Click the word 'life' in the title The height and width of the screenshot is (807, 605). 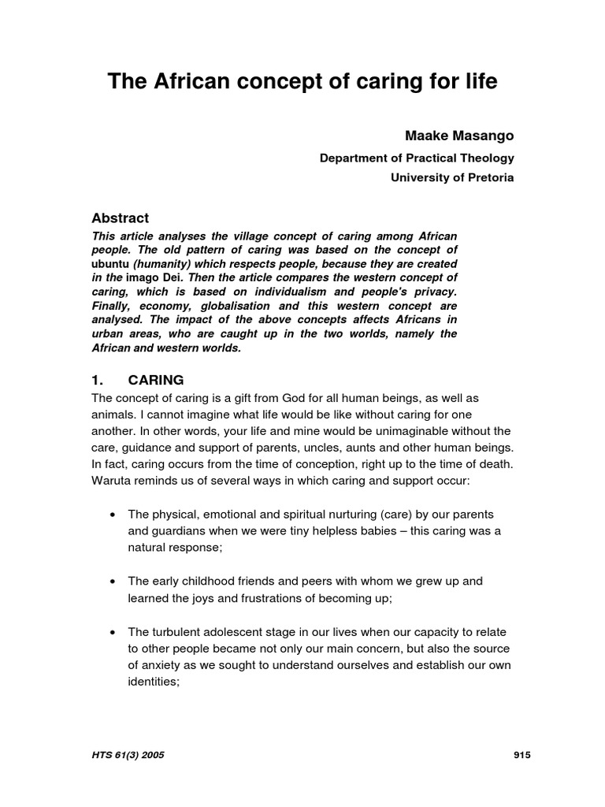(x=478, y=82)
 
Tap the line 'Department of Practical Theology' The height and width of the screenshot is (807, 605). (x=416, y=158)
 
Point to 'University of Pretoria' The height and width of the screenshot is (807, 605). (x=452, y=177)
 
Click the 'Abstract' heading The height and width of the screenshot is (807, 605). (x=120, y=218)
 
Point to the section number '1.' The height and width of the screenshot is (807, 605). (x=98, y=380)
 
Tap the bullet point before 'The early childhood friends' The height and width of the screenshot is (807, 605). (x=113, y=581)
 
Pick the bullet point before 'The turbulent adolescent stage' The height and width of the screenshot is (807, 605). (x=113, y=632)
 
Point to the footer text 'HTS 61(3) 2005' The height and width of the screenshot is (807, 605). (x=128, y=755)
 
